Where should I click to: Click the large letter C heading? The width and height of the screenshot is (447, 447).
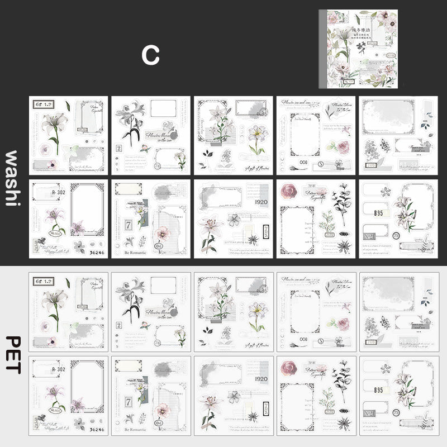(150, 54)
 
